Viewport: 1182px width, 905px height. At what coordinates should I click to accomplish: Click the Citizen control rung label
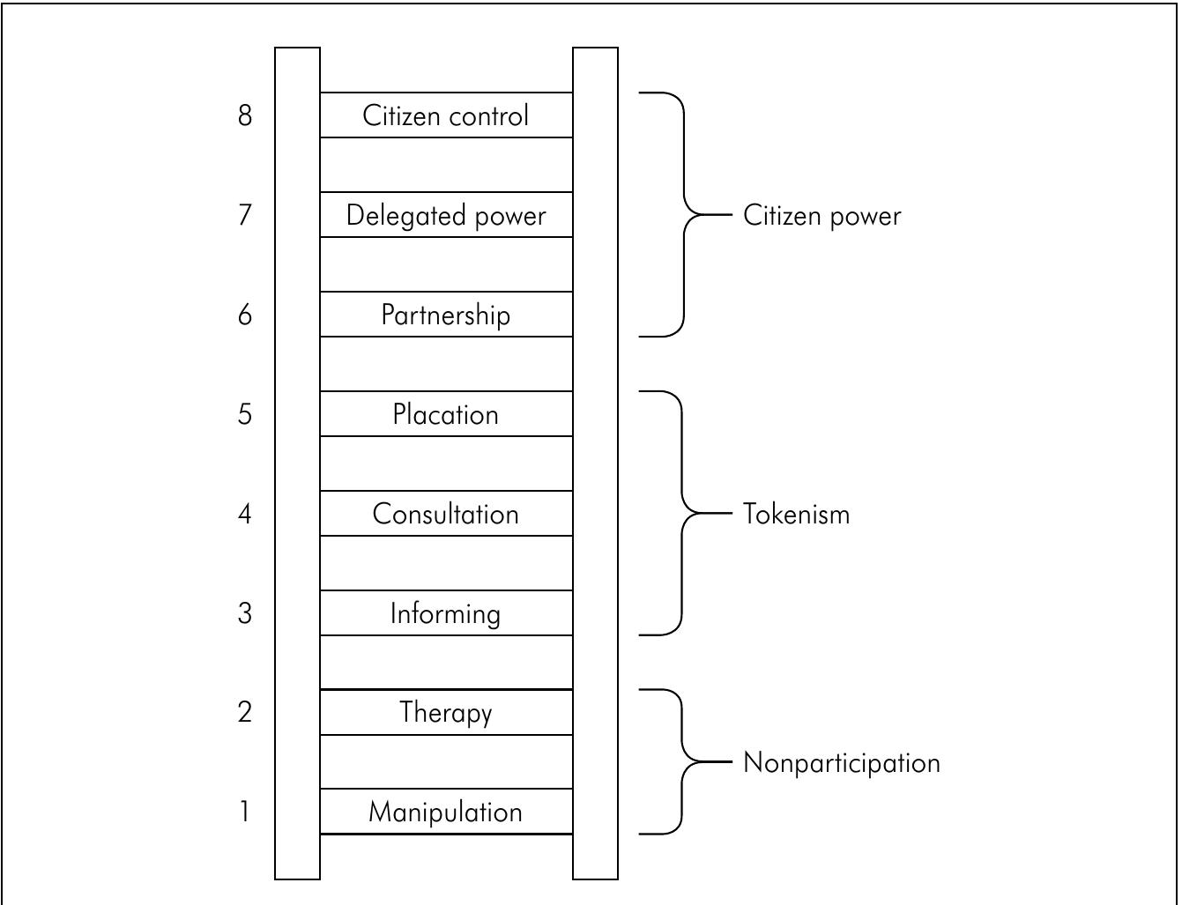(x=446, y=115)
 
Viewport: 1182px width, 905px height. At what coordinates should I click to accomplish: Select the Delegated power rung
(x=446, y=215)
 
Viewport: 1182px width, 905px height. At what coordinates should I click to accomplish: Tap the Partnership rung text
(x=446, y=315)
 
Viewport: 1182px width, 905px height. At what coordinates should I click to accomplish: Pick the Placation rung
(x=446, y=414)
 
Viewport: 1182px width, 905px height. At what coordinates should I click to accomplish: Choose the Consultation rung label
(x=446, y=514)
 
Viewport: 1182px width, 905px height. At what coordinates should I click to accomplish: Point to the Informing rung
(x=446, y=613)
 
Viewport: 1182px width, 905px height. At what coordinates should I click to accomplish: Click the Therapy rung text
(x=446, y=712)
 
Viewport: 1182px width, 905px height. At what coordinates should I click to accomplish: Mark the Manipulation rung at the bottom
(x=446, y=812)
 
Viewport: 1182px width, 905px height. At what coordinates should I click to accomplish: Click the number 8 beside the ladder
(x=245, y=115)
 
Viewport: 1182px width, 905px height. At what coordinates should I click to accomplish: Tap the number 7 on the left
(x=245, y=215)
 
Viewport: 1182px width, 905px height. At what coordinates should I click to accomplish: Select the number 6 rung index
(x=245, y=315)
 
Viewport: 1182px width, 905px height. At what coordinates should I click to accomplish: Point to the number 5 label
(x=245, y=414)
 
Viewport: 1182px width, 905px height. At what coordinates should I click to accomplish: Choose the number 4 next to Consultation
(x=245, y=514)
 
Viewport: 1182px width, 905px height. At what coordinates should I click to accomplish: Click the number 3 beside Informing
(x=245, y=613)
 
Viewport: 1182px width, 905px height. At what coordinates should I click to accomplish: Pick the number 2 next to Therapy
(x=245, y=712)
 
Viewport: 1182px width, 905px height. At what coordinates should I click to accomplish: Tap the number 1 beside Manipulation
(x=245, y=812)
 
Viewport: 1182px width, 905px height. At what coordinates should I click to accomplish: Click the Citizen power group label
(x=821, y=216)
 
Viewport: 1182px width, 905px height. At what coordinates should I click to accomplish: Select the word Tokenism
(x=797, y=514)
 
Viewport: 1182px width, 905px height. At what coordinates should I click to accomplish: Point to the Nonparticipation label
(x=842, y=762)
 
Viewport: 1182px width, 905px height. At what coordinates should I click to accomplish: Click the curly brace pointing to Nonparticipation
(x=683, y=761)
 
